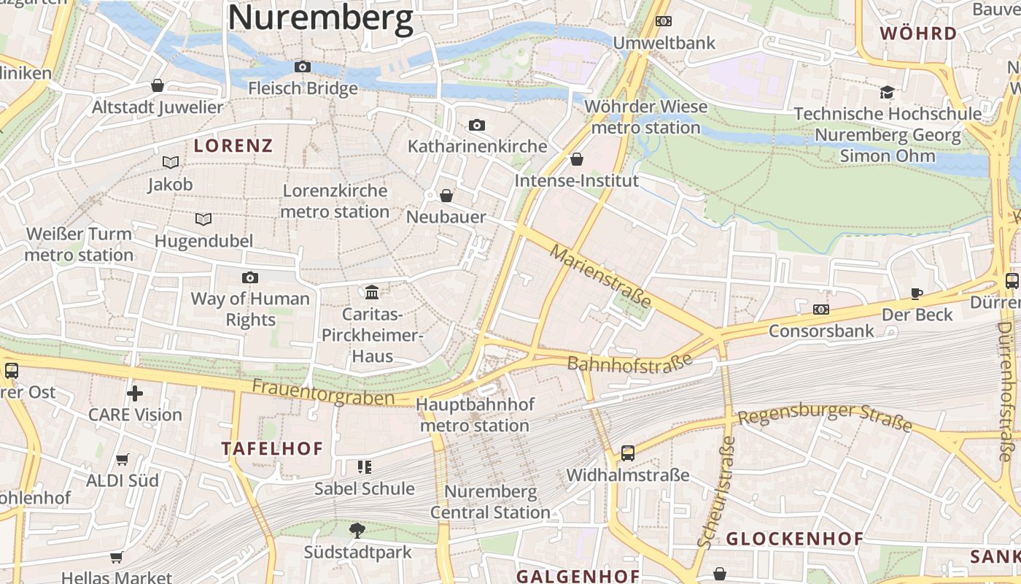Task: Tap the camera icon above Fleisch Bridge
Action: click(303, 67)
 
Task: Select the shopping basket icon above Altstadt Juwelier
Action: click(157, 85)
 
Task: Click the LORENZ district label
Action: click(233, 145)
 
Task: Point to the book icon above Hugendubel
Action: click(203, 219)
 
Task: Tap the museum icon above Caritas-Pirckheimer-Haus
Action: click(372, 293)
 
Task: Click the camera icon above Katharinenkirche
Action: click(477, 126)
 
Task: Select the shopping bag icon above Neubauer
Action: click(446, 196)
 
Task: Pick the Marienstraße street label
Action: click(600, 277)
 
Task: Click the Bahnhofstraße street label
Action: click(629, 364)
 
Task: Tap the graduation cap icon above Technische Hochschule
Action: click(887, 93)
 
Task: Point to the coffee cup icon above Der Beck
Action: click(917, 293)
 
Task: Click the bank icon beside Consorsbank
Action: click(821, 310)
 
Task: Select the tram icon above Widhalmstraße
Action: click(628, 453)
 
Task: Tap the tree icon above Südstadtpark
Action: click(357, 531)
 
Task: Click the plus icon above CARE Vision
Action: click(135, 393)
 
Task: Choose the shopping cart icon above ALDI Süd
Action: click(123, 460)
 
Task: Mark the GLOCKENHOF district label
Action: click(795, 539)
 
